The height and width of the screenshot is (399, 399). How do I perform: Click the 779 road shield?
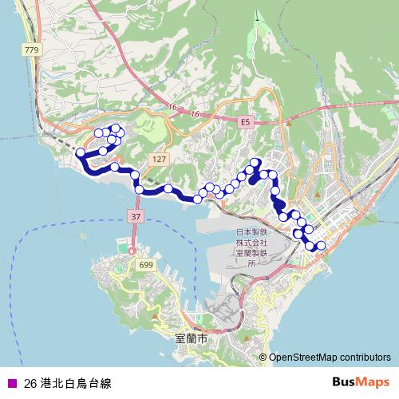click(x=31, y=50)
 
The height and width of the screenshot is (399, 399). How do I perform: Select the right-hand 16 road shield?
click(x=194, y=114)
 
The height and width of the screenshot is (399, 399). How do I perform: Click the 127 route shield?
click(x=160, y=160)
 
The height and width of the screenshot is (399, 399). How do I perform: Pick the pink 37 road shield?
click(x=132, y=217)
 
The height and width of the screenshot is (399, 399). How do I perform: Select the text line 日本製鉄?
click(x=249, y=233)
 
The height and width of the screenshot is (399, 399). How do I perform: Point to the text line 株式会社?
click(x=249, y=243)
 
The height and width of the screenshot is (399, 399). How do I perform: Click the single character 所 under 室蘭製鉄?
click(x=249, y=262)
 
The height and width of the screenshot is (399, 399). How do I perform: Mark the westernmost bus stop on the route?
click(x=80, y=152)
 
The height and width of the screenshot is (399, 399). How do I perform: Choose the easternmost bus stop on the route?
click(x=322, y=245)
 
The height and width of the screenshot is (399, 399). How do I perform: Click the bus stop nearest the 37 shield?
click(x=140, y=189)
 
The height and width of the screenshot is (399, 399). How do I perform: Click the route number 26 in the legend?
click(x=30, y=383)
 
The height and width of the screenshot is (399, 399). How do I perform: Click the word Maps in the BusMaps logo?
click(x=373, y=382)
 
